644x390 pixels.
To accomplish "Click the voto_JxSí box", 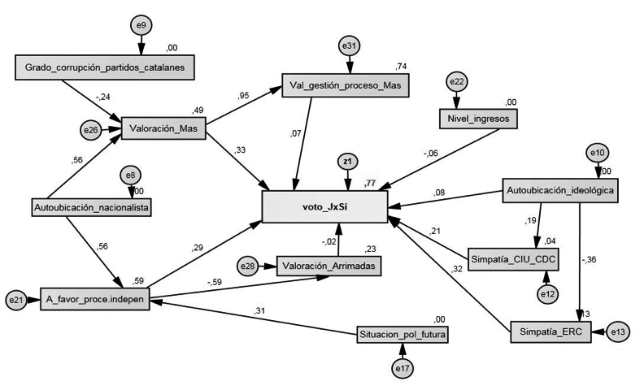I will (x=325, y=207).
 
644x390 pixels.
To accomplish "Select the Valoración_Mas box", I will (x=164, y=128).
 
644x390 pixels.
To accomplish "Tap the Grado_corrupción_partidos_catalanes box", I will (x=105, y=67).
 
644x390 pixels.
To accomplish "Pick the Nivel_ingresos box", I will (x=478, y=119).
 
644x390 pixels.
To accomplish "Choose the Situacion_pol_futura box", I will (x=402, y=335).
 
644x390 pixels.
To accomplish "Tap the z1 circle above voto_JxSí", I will (x=348, y=162).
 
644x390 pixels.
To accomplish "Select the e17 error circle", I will (x=402, y=369).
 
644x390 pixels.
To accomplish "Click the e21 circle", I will (x=16, y=300).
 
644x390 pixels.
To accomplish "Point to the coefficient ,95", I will (x=243, y=96).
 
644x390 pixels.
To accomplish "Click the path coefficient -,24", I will (x=103, y=97).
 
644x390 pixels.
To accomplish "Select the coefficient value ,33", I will (x=240, y=150).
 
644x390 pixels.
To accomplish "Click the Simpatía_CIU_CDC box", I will (x=513, y=259).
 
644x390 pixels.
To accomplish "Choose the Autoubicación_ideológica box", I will (x=560, y=191).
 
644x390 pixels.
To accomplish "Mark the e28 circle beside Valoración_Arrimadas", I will (x=247, y=266).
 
